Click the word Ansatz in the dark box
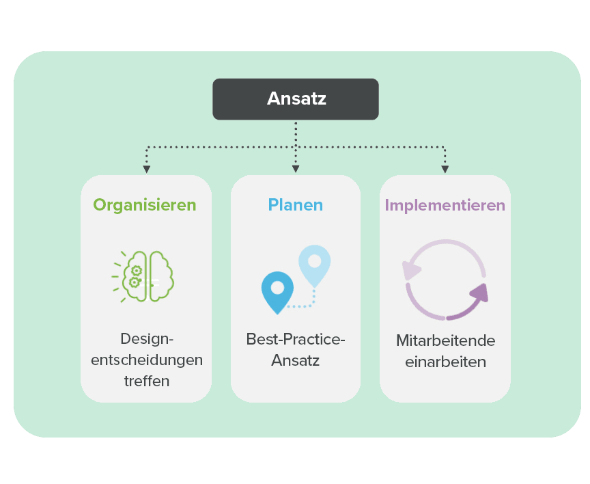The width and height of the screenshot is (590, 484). (x=296, y=98)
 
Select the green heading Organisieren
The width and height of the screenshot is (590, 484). (x=145, y=205)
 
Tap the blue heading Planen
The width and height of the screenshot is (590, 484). (x=296, y=205)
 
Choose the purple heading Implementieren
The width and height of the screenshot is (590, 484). (x=445, y=206)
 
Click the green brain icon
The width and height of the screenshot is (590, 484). (x=143, y=276)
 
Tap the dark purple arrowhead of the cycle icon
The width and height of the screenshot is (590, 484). (x=479, y=293)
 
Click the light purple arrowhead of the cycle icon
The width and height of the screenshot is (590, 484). (x=410, y=270)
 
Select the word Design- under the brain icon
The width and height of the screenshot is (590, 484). (x=147, y=339)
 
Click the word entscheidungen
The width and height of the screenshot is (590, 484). (x=147, y=360)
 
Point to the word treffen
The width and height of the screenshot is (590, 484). (x=147, y=381)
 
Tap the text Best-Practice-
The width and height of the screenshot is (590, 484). (x=296, y=339)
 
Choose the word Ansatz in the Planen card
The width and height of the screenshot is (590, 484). (x=296, y=360)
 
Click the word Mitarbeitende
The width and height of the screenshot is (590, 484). (x=445, y=340)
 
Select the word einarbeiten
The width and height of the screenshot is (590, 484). (x=445, y=362)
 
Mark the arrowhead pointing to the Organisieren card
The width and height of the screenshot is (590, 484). (x=147, y=170)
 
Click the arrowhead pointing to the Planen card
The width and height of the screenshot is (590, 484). (x=296, y=169)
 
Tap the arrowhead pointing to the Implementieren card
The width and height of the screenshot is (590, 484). (x=445, y=170)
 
